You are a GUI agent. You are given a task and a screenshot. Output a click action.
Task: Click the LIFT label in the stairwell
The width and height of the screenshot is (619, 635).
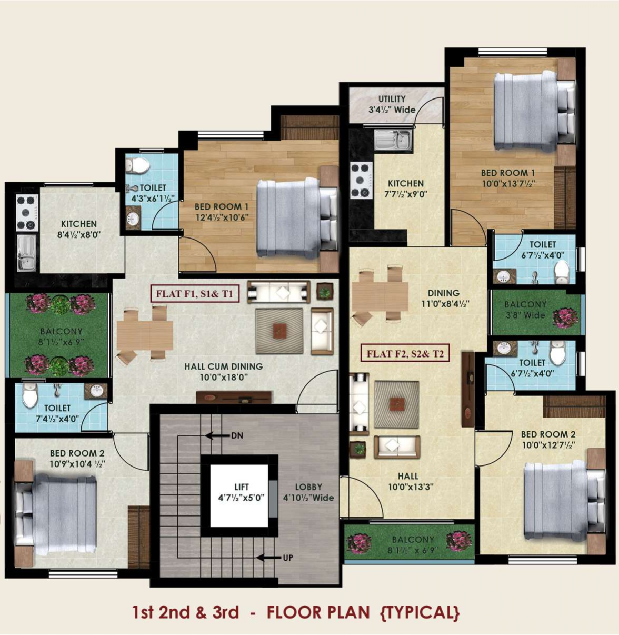[241, 487]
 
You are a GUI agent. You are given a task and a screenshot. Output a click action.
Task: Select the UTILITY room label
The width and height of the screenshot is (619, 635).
[392, 99]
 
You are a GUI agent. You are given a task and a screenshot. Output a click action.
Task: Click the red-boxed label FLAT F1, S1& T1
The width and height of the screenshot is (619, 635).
[194, 294]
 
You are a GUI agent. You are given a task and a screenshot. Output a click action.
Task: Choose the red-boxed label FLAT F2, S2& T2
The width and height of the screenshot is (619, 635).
[405, 353]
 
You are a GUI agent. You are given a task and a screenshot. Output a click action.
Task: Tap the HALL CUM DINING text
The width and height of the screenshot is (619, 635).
[223, 366]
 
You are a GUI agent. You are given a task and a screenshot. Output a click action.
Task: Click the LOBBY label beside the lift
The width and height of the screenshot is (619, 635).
[308, 487]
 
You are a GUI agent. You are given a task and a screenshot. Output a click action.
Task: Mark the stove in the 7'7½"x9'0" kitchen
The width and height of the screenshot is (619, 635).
[362, 181]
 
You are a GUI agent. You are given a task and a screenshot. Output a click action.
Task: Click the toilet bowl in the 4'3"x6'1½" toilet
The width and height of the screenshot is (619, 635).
[139, 165]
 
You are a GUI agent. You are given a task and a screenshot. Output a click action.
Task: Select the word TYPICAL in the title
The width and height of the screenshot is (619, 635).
[420, 612]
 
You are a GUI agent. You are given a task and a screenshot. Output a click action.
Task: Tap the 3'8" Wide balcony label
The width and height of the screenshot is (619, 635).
[525, 315]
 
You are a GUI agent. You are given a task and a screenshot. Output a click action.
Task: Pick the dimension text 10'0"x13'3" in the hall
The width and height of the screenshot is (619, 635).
[411, 487]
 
